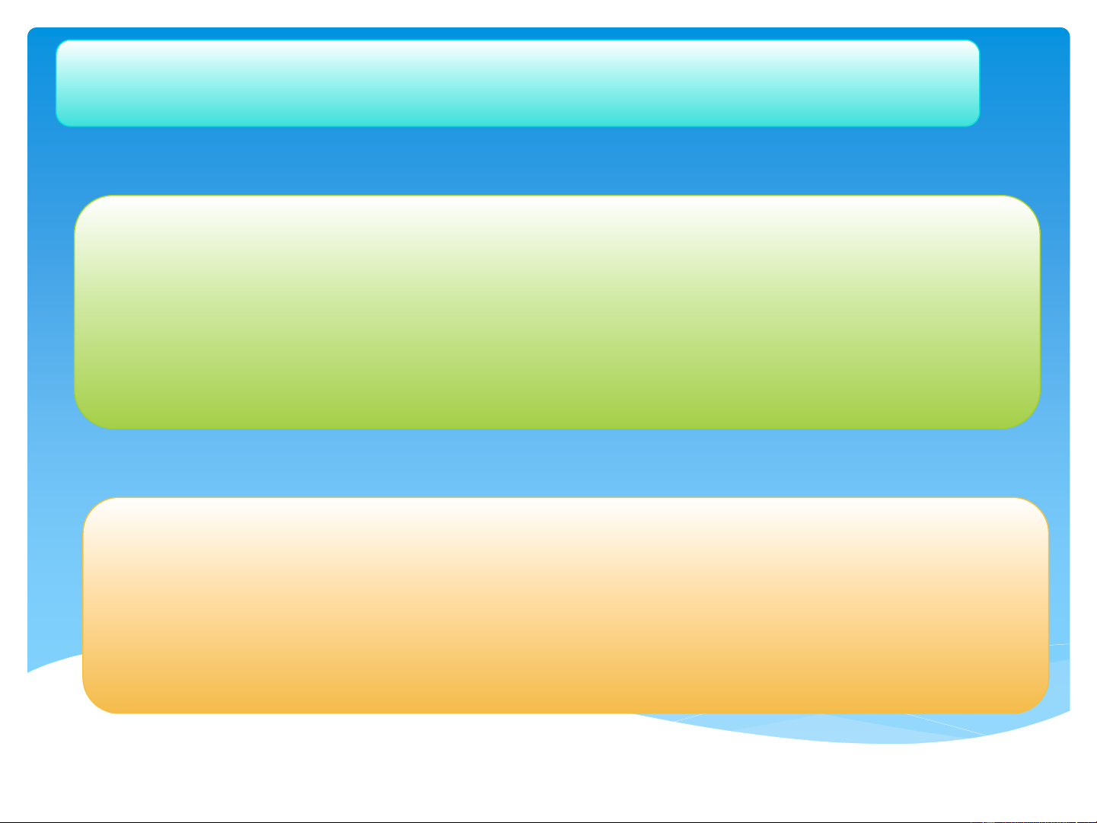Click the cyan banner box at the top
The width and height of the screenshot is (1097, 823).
pos(518,83)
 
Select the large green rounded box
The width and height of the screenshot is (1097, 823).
pos(557,312)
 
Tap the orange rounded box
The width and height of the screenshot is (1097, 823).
pos(566,605)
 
